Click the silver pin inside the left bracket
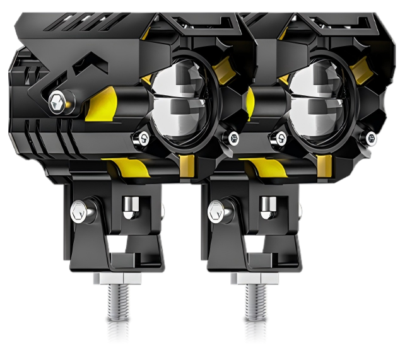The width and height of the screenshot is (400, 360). [131, 205]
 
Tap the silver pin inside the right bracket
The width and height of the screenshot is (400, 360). [268, 205]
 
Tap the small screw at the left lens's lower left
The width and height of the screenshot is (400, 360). [144, 137]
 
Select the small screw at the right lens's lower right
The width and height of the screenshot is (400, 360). [368, 137]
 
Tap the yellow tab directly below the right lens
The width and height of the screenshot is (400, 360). [323, 166]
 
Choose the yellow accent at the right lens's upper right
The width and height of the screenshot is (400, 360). [360, 67]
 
